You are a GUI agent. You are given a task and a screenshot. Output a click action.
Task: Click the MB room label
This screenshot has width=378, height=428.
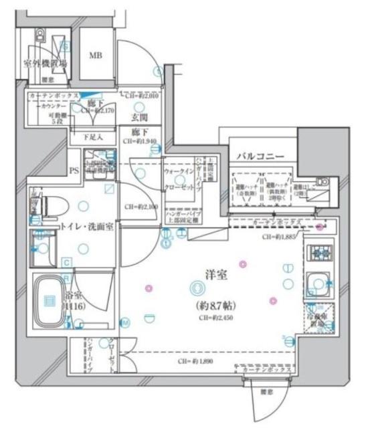point(96,56)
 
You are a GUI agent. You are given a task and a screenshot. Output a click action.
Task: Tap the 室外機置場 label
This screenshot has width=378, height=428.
point(45,64)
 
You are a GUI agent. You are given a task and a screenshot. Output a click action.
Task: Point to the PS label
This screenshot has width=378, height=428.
point(74,170)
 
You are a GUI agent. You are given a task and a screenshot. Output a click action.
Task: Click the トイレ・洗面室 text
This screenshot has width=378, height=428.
point(87,227)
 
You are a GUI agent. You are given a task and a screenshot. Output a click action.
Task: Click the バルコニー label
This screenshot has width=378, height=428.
point(258,156)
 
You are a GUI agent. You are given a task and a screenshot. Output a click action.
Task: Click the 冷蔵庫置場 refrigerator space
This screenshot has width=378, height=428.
point(318,320)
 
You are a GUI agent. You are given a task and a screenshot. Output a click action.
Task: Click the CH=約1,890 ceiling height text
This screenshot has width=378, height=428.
point(195,360)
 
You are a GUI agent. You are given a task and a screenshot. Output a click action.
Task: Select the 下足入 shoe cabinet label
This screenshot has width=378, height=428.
point(92,137)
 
